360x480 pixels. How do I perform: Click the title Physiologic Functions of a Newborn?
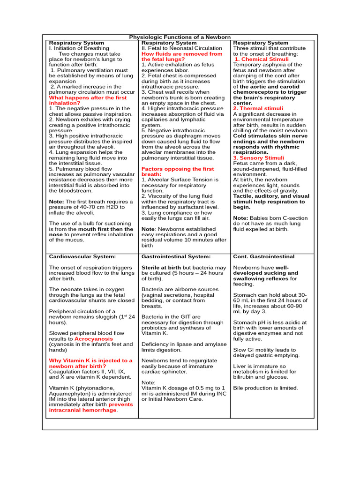180,37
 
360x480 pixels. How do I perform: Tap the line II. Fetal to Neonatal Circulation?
182,48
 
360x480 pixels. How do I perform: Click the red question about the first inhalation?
88,100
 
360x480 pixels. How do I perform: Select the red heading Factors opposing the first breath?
178,172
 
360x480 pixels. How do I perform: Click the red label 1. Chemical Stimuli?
262,60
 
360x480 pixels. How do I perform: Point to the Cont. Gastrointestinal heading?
263,256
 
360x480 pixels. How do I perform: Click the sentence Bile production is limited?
265,388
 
